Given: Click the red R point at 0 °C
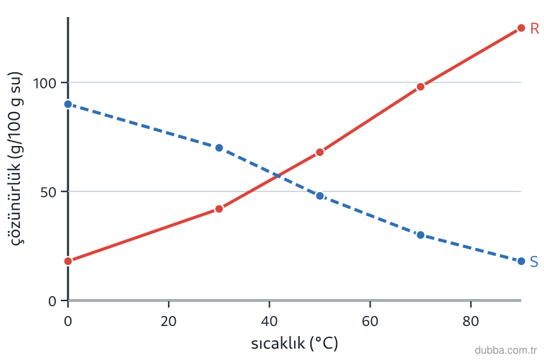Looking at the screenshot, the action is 68,261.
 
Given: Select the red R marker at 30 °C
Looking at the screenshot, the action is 219,209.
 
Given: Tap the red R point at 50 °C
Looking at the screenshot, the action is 320,152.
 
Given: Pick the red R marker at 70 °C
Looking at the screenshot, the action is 421,86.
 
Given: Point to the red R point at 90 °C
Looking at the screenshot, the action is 521,28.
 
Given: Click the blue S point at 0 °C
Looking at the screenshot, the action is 68,104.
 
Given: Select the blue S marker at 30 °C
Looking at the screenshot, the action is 219,148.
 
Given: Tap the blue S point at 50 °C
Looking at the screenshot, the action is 320,196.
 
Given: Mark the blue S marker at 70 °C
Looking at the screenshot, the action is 421,235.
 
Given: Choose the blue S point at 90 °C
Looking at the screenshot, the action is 521,261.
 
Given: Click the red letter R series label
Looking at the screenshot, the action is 534,28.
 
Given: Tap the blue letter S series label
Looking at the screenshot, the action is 534,261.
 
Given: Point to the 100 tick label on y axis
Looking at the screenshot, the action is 45,84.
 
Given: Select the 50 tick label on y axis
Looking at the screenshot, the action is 48,192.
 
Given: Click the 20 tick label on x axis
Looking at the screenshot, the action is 169,321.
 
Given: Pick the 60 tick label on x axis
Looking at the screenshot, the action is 370,321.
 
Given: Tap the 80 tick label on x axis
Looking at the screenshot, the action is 471,321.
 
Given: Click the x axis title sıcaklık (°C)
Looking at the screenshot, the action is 295,343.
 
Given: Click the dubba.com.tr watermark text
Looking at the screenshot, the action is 506,350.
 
